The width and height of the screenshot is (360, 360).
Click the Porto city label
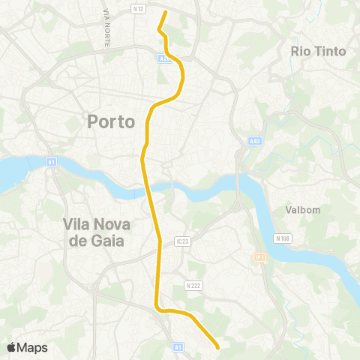pyautogui.click(x=111, y=121)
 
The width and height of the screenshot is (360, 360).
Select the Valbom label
pyautogui.click(x=303, y=211)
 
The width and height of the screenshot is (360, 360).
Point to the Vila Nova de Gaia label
pyautogui.click(x=94, y=232)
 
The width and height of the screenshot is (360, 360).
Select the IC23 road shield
pyautogui.click(x=184, y=241)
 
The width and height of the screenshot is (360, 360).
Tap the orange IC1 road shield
pyautogui.click(x=259, y=256)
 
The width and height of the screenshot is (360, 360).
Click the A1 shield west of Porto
pyautogui.click(x=50, y=160)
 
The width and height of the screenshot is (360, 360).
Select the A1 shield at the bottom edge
pyautogui.click(x=178, y=347)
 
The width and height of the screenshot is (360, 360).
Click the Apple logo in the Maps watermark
pyautogui.click(x=12, y=347)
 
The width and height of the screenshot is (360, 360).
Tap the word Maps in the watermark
pyautogui.click(x=32, y=348)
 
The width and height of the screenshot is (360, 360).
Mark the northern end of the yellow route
pyautogui.click(x=165, y=12)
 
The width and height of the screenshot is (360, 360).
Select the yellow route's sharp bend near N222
pyautogui.click(x=157, y=306)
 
